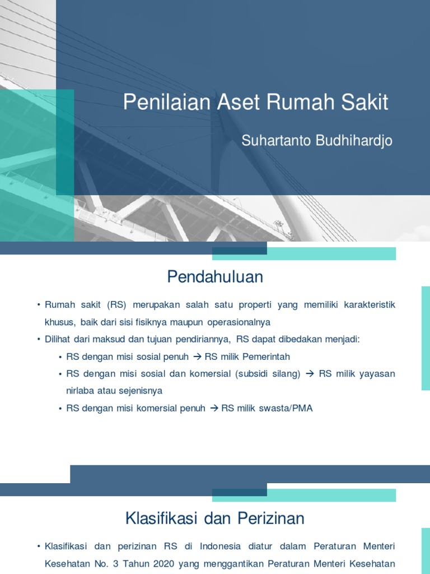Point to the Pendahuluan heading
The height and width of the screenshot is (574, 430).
pos(215,277)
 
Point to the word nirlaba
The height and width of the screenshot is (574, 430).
pos(79,391)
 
